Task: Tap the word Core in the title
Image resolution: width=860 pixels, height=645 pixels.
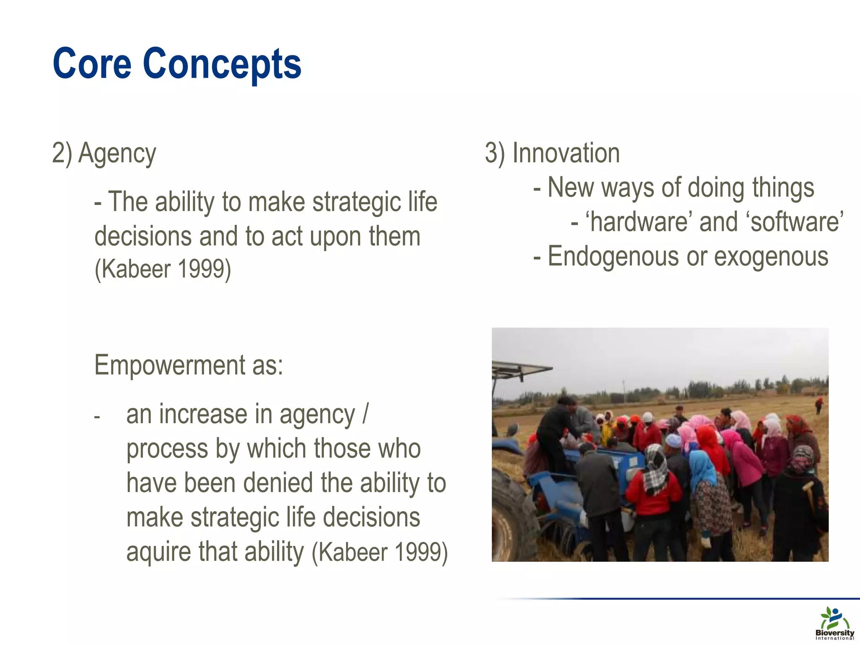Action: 92,64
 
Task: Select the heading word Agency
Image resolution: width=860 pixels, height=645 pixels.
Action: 117,153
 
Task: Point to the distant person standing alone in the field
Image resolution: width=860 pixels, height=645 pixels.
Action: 818,406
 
